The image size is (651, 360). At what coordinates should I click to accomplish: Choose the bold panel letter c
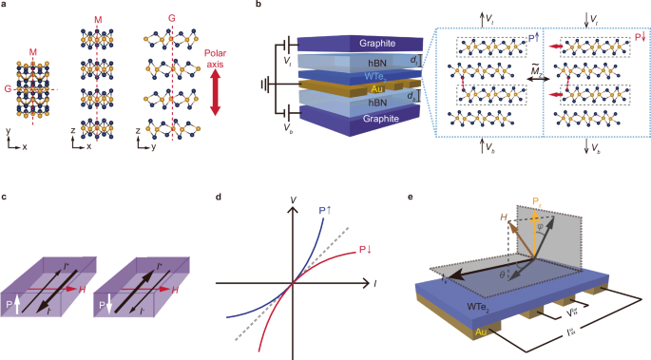point(6,196)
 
